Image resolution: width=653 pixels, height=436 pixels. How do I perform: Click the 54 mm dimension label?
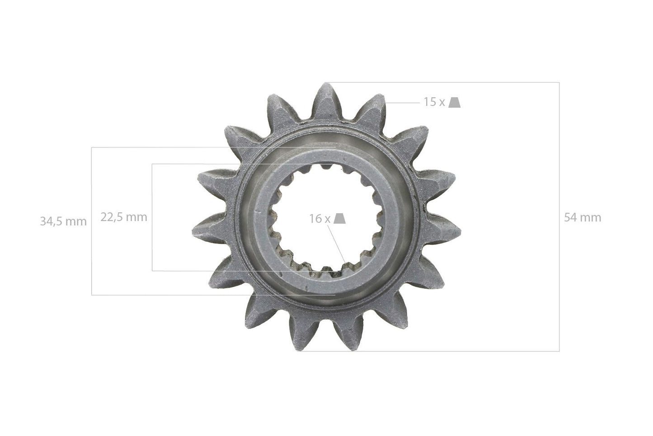click(x=583, y=218)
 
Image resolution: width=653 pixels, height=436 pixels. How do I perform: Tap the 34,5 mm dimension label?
click(x=63, y=221)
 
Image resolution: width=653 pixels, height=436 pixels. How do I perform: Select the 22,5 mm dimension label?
click(x=124, y=217)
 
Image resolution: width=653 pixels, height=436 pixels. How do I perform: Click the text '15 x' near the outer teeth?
click(x=434, y=102)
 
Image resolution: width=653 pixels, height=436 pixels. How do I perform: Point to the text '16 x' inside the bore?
click(x=320, y=218)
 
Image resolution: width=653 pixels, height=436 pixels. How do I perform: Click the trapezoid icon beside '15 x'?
click(x=454, y=102)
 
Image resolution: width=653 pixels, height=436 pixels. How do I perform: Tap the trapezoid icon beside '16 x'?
click(x=340, y=218)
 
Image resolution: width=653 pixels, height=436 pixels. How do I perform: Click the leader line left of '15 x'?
click(x=403, y=103)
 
